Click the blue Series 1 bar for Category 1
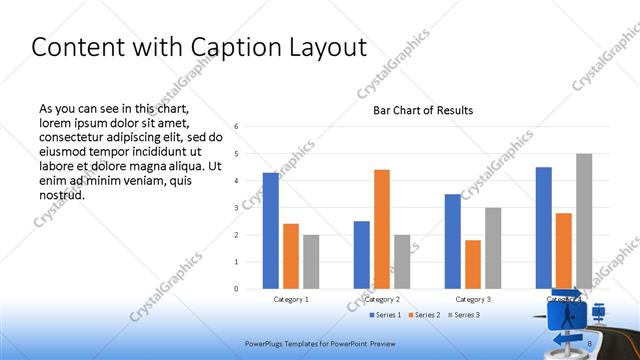(x=271, y=231)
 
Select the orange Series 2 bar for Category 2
(x=381, y=229)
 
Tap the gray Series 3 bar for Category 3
(x=493, y=248)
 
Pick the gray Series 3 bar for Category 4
(x=584, y=221)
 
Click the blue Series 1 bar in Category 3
(x=453, y=241)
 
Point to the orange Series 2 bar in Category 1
(x=291, y=256)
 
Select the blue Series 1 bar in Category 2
(x=361, y=255)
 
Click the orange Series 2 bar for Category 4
(x=564, y=251)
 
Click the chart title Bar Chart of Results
(x=423, y=110)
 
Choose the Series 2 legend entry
(x=428, y=315)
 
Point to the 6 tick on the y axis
(x=236, y=127)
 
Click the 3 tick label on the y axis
(x=236, y=208)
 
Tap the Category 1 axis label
(x=291, y=299)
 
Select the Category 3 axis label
(x=473, y=299)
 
